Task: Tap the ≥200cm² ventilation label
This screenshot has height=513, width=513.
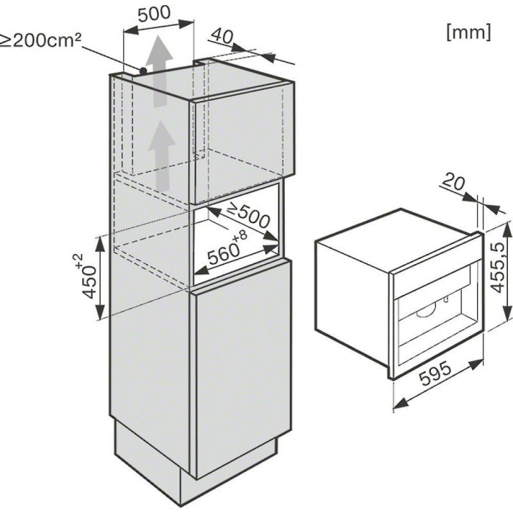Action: point(40,41)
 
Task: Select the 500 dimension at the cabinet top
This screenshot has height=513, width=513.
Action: point(154,13)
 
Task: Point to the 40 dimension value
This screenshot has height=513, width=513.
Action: point(221,36)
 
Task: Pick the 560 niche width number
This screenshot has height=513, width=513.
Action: point(223,254)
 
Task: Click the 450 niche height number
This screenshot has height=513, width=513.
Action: point(90,282)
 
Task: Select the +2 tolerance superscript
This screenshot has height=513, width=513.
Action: point(80,261)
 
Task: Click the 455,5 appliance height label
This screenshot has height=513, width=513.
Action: point(498,268)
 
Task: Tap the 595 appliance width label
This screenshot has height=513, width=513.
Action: point(435,374)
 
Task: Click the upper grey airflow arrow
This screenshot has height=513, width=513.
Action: point(159,71)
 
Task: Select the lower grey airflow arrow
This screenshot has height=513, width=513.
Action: point(162,155)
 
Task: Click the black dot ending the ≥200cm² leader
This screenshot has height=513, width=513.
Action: point(143,71)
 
